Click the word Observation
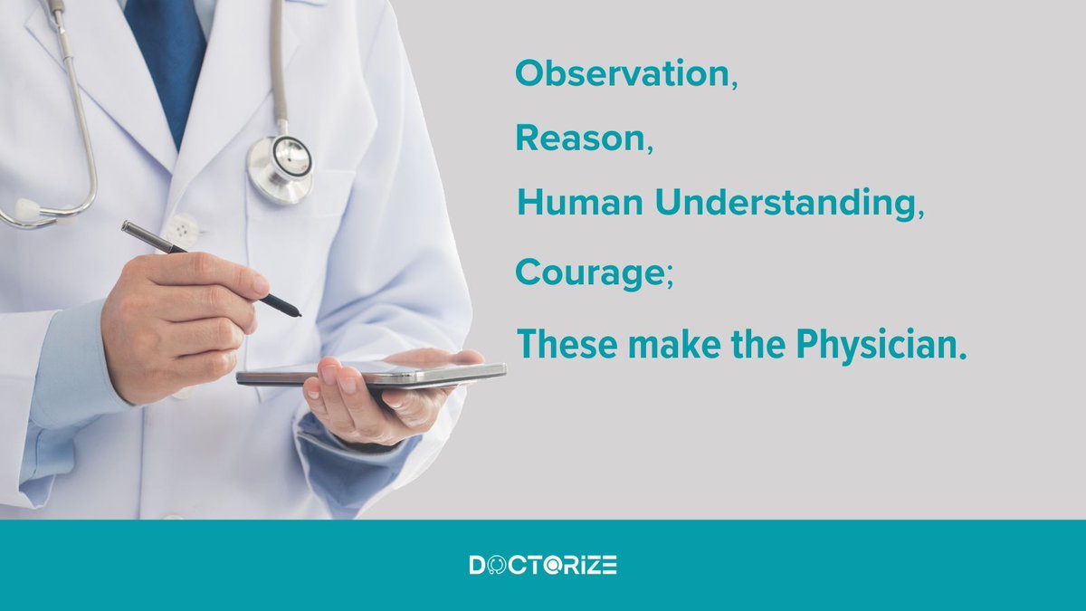tap(623, 74)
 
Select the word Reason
tap(580, 138)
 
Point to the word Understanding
tap(784, 205)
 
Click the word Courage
tap(587, 272)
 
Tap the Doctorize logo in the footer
tap(543, 566)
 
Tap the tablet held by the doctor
tap(371, 374)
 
